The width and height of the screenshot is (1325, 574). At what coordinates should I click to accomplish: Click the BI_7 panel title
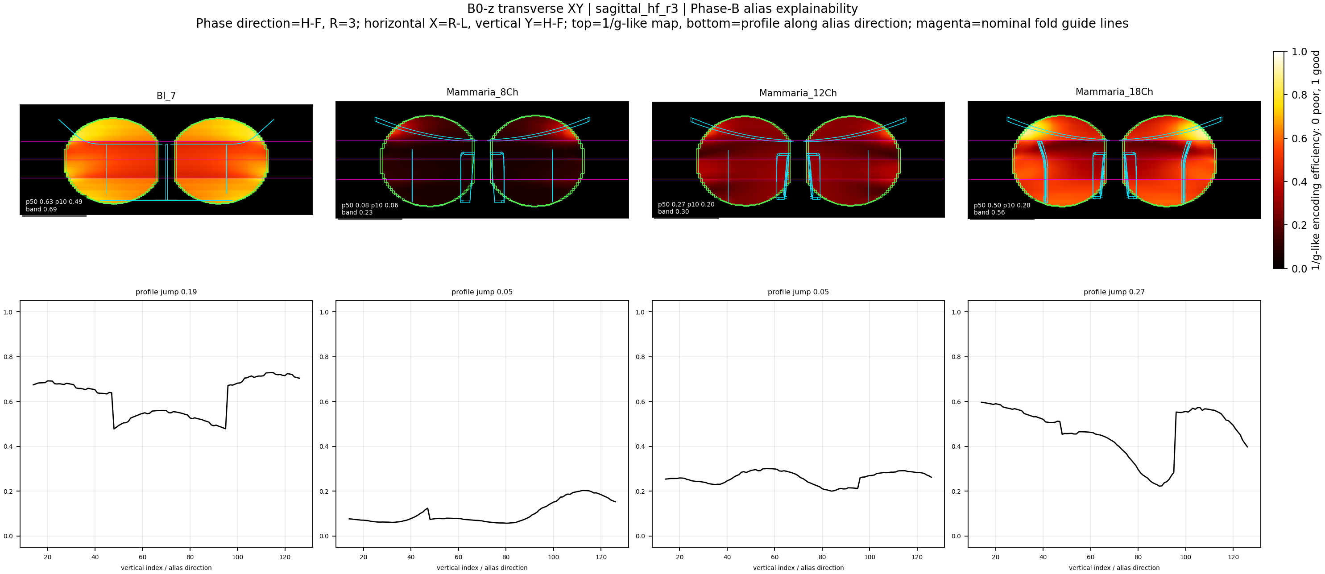click(166, 95)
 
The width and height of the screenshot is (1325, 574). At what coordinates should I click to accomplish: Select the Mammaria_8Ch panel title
click(482, 93)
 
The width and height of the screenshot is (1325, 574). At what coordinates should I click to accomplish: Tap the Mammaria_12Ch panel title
click(798, 93)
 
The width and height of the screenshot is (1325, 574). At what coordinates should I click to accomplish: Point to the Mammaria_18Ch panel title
click(1114, 92)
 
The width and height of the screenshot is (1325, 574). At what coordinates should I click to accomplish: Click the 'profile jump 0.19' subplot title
click(166, 292)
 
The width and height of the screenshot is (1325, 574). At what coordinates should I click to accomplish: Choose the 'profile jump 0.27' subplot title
click(1114, 292)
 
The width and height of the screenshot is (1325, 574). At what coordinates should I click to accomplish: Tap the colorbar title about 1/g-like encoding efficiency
click(1316, 160)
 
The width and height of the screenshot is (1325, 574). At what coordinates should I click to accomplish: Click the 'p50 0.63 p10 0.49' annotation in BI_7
click(54, 202)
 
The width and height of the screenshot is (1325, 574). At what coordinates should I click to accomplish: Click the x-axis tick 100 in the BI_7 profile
click(238, 557)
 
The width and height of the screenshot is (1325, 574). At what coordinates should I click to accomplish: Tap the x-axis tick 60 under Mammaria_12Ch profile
click(774, 557)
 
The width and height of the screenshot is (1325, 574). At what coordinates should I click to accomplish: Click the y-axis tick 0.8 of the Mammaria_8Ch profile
click(324, 357)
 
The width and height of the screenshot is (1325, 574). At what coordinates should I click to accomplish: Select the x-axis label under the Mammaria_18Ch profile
click(1114, 568)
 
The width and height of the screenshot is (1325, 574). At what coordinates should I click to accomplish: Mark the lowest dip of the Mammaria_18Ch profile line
click(1160, 486)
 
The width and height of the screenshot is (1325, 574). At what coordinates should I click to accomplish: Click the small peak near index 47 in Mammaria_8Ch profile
click(427, 508)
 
